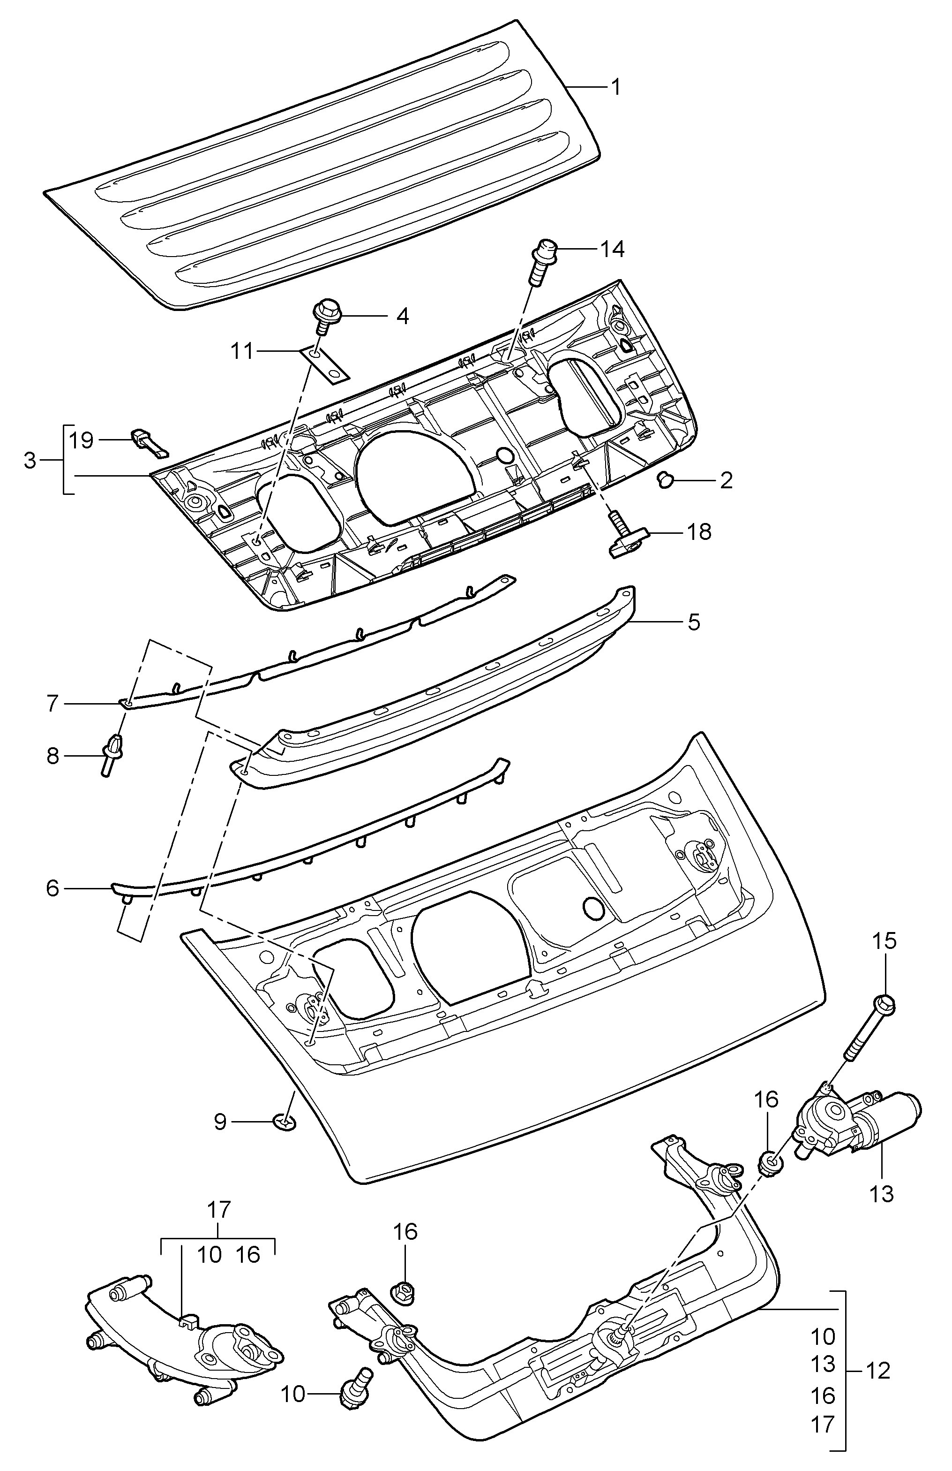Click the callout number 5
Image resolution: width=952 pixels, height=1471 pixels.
coord(694,622)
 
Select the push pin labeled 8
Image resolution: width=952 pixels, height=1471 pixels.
coord(112,753)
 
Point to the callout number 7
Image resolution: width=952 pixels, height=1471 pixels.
coord(52,703)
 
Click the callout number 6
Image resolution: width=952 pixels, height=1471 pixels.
coord(52,888)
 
